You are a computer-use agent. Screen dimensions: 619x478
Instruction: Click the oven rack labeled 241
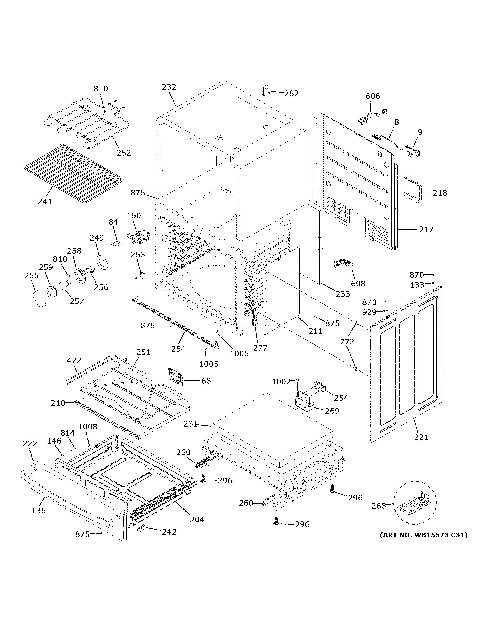tap(73, 173)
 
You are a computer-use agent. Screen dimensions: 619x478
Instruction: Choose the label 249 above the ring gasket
tap(97, 238)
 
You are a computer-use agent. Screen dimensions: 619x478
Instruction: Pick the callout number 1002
tap(281, 382)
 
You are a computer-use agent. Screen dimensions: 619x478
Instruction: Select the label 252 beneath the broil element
tap(124, 153)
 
